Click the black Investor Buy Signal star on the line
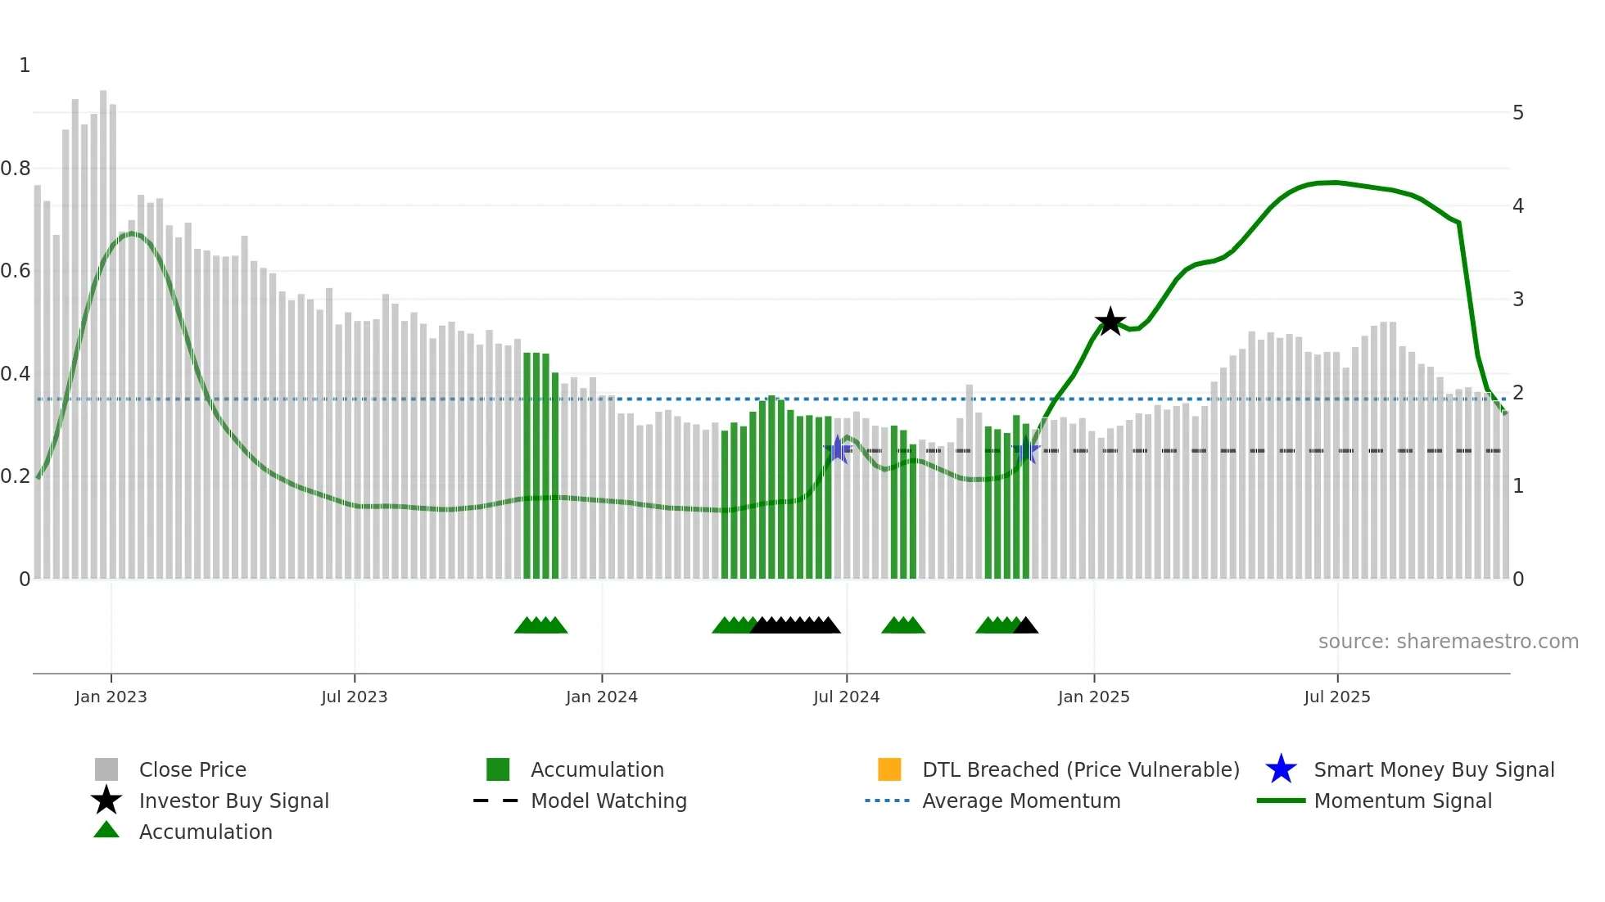point(1110,322)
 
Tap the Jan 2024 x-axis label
point(601,697)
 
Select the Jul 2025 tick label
point(1336,697)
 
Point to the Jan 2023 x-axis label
point(111,697)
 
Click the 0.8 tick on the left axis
point(16,169)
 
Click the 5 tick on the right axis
point(1517,113)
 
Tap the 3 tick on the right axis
point(1517,300)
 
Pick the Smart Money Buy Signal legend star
point(1281,769)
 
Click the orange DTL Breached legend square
point(889,769)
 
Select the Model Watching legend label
point(608,801)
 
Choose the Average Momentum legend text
point(1021,801)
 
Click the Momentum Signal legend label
point(1403,801)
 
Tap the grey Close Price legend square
point(106,769)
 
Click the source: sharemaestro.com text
point(1448,642)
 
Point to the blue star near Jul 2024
point(838,449)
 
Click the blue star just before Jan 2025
point(1026,450)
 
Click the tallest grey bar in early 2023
point(103,327)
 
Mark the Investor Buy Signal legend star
point(106,801)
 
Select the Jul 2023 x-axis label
point(354,697)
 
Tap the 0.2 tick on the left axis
point(16,476)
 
